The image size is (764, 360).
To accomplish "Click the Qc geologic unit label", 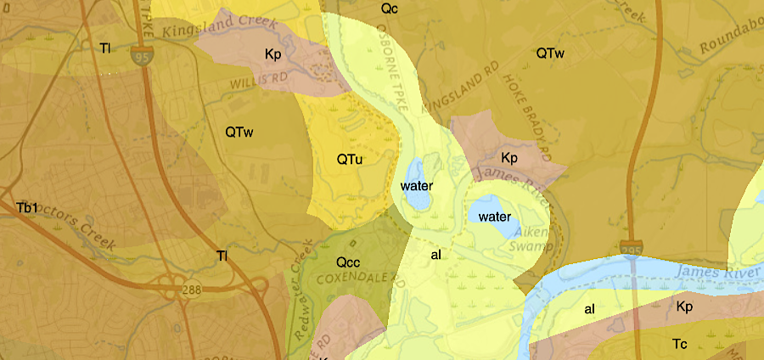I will (x=390, y=8).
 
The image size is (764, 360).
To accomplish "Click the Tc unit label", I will (x=679, y=344).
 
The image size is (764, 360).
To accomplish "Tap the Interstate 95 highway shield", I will (x=141, y=58).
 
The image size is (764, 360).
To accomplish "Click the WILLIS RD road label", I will (x=255, y=81).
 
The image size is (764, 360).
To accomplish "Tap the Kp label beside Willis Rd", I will (x=272, y=54).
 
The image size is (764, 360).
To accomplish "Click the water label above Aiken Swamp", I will (x=493, y=217).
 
